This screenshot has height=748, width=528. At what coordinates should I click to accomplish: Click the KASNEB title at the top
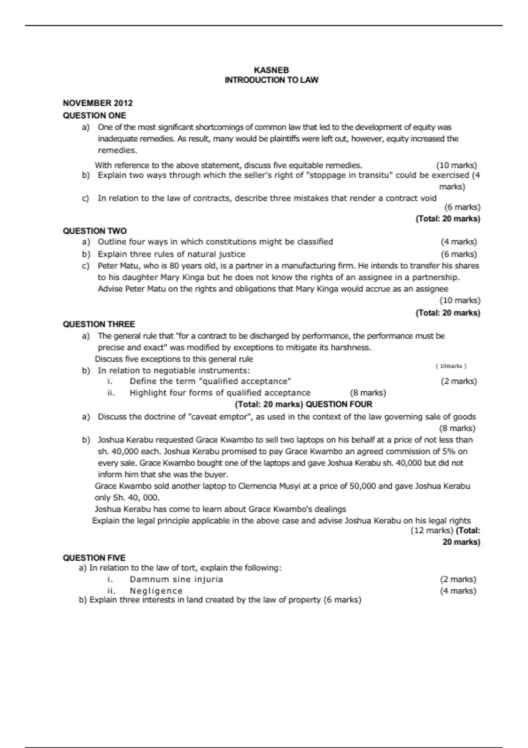point(271,70)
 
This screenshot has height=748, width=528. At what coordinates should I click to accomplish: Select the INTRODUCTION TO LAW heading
point(271,80)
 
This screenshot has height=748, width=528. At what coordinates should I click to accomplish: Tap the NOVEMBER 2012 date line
point(98,103)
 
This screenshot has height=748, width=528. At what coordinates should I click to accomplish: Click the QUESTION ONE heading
point(94,115)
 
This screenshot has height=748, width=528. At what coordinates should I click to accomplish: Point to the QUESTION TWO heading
point(95,231)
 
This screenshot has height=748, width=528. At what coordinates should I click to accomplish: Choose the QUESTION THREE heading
point(99,324)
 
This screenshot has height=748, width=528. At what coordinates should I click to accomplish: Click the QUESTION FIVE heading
point(94,557)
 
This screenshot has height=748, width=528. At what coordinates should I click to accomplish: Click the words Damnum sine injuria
point(176,579)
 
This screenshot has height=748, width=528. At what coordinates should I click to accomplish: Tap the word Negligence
point(156,590)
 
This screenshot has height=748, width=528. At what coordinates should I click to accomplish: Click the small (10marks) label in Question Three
point(451,366)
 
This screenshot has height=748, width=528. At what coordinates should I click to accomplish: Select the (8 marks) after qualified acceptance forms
point(368,392)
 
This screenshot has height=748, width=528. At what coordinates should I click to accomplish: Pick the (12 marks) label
point(432,530)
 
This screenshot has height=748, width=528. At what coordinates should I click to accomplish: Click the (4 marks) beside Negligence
point(458,590)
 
